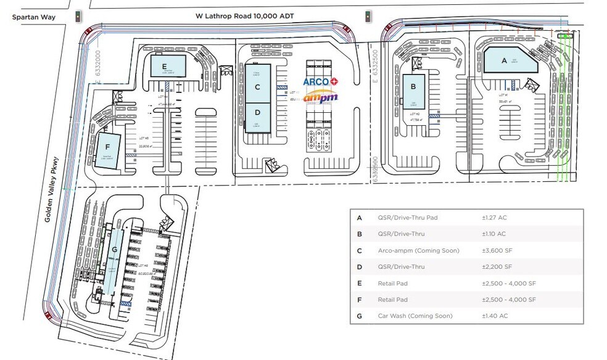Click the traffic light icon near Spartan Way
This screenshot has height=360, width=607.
coord(78,17)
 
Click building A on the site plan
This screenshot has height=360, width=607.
coord(504,60)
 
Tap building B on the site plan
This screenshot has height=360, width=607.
coord(413,92)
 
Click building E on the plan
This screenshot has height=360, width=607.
coord(165,65)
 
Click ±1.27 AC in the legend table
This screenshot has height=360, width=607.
coord(493,218)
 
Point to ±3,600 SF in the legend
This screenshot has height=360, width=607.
coord(497,250)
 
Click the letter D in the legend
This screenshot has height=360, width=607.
coord(360,267)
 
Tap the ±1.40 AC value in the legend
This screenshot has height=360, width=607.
coord(493,316)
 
